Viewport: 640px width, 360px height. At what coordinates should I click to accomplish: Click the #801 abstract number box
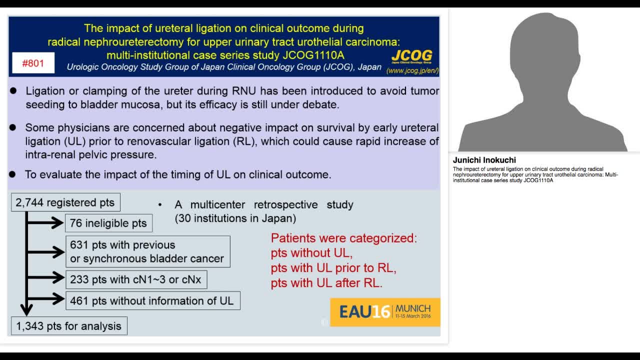point(33,63)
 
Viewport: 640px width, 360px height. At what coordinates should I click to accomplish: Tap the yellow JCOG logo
point(411,55)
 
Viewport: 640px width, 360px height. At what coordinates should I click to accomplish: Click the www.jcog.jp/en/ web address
point(412,70)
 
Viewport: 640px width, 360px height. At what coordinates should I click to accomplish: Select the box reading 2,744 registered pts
point(65,202)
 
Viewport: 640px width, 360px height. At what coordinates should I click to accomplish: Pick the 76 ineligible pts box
point(108,223)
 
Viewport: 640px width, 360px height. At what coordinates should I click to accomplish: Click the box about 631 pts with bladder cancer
point(147,251)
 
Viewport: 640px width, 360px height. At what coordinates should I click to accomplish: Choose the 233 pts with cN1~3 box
point(135,279)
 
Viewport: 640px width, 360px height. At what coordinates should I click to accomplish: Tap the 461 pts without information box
point(152,300)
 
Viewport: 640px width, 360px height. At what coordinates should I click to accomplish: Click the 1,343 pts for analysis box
point(69,326)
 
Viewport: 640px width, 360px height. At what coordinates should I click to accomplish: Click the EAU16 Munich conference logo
point(385,312)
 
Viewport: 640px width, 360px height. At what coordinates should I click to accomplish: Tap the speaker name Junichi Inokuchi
point(484,160)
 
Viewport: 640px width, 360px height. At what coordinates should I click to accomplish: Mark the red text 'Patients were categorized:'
point(344,238)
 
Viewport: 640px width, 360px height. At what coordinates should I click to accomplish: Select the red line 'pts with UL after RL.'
point(326,283)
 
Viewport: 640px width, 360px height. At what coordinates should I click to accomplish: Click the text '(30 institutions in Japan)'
point(235,218)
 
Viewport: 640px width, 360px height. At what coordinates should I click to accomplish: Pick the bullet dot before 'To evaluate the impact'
point(13,174)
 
